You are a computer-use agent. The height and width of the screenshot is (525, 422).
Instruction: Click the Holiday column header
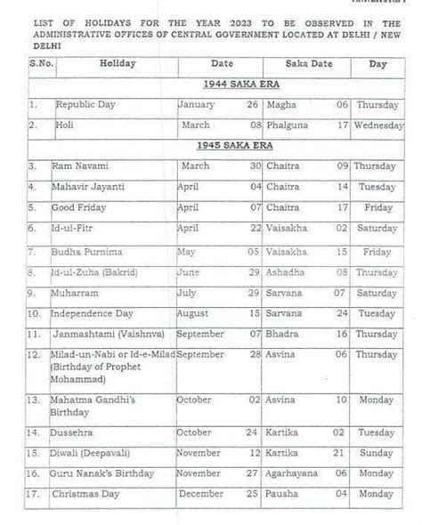pyautogui.click(x=118, y=64)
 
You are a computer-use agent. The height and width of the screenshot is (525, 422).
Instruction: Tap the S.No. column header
pyautogui.click(x=40, y=64)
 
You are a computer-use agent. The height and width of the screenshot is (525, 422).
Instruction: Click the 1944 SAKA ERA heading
pyautogui.click(x=233, y=84)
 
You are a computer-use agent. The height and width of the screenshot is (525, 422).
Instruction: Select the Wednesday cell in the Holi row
pyautogui.click(x=378, y=125)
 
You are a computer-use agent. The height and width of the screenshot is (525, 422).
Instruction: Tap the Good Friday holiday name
pyautogui.click(x=79, y=207)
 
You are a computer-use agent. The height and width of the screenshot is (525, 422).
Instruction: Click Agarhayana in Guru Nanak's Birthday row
pyautogui.click(x=291, y=472)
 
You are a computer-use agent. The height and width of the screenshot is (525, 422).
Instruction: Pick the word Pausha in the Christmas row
pyautogui.click(x=282, y=493)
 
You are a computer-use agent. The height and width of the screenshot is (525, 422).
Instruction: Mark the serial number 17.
pyautogui.click(x=34, y=493)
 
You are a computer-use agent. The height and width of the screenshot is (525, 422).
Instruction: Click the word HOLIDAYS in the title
pyautogui.click(x=116, y=16)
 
